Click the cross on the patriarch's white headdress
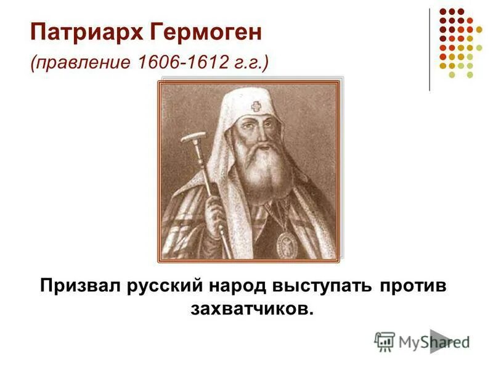click(256, 107)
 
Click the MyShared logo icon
click(385, 341)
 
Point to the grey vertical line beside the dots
click(430, 49)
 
